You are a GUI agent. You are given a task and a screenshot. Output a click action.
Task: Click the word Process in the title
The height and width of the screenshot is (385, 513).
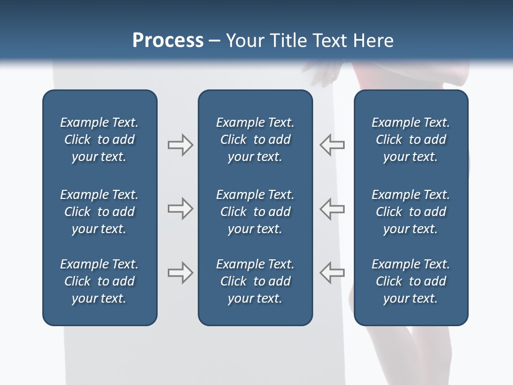coord(168,41)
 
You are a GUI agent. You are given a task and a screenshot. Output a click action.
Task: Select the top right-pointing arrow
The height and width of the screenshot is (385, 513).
coord(180,145)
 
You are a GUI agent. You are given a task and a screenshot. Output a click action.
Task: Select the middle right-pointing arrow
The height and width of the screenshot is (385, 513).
coord(180,209)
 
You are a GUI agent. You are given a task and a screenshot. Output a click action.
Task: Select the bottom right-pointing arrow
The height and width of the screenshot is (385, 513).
coord(180,273)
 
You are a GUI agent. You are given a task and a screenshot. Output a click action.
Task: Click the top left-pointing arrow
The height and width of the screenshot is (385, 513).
coord(332,145)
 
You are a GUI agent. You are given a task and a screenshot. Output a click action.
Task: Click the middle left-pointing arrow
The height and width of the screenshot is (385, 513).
coord(332,209)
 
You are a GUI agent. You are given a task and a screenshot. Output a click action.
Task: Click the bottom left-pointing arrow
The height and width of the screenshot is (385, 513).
coord(332,273)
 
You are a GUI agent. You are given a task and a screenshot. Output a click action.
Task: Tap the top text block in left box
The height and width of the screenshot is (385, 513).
coord(99,140)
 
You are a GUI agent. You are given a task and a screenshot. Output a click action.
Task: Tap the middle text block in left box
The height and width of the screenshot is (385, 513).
coord(99,212)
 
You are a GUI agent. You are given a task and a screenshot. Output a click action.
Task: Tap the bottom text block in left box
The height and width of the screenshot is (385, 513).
coord(99,281)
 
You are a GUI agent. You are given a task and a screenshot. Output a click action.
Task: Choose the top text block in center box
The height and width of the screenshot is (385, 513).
coord(255,140)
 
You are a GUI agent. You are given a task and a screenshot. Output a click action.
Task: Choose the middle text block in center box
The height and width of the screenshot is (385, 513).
coord(255,212)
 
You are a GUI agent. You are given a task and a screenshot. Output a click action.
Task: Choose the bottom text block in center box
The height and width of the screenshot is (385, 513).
coord(255,281)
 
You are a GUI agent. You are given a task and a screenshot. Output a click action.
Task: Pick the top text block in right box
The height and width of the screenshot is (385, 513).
coord(410,140)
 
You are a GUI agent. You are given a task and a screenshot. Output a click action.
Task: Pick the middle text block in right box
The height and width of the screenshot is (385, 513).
coord(410,212)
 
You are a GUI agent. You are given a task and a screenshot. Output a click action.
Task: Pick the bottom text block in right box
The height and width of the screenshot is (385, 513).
coord(410,281)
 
